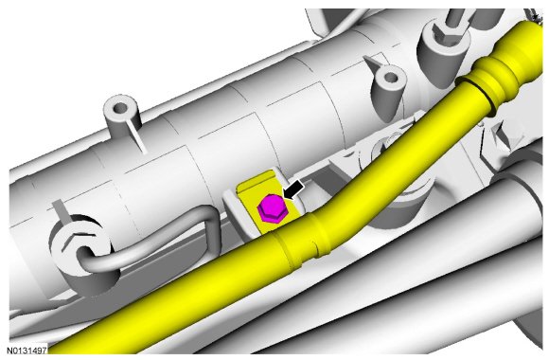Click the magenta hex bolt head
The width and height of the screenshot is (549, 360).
[273, 209]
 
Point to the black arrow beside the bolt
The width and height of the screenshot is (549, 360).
[294, 190]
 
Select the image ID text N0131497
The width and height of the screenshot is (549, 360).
[27, 351]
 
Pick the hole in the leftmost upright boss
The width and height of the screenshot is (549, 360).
[120, 107]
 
